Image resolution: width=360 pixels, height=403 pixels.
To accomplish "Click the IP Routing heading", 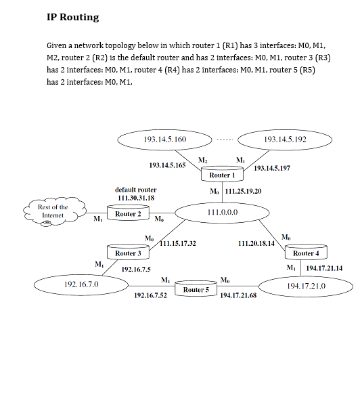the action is pos(72,17).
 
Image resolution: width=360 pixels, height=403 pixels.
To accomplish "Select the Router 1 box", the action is pos(222,175).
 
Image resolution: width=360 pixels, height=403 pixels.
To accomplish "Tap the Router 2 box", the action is pos(127,214).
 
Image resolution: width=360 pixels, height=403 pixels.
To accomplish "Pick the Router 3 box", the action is pos(127,253).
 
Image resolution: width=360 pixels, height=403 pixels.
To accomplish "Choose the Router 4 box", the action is pos(305,253).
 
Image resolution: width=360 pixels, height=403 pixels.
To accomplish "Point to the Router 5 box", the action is pos(197,290).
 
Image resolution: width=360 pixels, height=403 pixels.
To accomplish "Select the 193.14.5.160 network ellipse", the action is pos(165,139).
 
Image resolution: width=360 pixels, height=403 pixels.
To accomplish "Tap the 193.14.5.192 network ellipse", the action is pos(286,139).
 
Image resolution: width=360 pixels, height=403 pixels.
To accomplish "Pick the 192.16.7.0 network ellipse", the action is pos(81,284).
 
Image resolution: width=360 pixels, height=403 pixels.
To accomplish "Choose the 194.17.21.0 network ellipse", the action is pos(306,287).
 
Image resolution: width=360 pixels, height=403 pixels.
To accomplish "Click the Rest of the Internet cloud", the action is pos(53,211).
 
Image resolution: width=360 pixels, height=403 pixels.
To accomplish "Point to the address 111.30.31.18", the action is pos(136,198).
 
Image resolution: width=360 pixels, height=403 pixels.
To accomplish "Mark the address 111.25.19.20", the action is pos(243,192).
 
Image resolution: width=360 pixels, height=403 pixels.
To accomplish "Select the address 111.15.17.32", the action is pos(179,242).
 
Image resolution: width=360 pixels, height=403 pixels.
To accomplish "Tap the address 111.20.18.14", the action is pos(256,242).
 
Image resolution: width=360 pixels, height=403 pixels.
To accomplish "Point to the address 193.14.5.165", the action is pos(167,165).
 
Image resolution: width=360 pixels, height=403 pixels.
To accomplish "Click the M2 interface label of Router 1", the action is pos(202,159).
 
